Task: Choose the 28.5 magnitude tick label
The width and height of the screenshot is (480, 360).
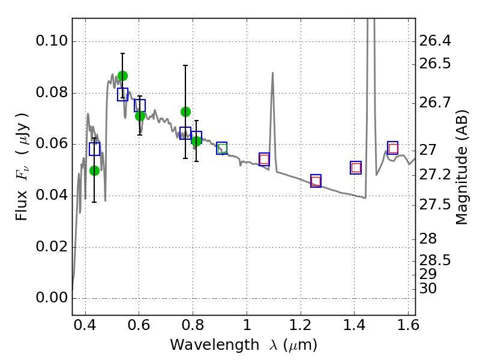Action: tap(434, 261)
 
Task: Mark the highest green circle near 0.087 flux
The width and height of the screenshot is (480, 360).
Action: tap(122, 76)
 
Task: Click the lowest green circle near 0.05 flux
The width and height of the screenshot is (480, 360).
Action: tap(94, 170)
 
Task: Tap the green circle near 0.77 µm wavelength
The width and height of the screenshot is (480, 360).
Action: tap(185, 112)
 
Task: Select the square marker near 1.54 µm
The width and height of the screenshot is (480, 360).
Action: tap(393, 148)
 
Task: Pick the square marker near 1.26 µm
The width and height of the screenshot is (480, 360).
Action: tap(316, 181)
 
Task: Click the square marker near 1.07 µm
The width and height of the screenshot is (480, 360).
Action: tap(264, 159)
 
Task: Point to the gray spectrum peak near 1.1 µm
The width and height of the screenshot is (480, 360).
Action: tap(272, 73)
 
